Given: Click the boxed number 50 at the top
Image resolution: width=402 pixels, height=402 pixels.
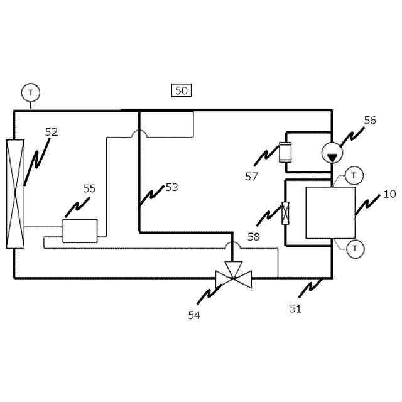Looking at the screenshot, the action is (x=181, y=90).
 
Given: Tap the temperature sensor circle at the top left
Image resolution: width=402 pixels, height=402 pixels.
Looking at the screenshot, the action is (x=30, y=92).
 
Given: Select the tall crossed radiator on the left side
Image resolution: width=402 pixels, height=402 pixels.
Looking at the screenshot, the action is (x=15, y=194).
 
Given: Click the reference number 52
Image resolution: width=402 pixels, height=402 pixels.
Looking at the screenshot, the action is (x=52, y=132).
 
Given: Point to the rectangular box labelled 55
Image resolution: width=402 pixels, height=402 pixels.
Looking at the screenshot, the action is (x=80, y=231).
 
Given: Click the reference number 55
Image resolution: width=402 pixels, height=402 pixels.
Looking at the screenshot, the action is (x=90, y=188).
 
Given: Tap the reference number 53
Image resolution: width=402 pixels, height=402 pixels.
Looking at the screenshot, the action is (x=171, y=187).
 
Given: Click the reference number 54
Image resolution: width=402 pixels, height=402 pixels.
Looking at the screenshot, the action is (x=194, y=315).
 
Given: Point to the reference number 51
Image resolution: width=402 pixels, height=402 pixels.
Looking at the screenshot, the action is (x=295, y=308).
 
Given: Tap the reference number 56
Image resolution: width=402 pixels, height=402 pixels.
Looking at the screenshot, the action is (x=370, y=121).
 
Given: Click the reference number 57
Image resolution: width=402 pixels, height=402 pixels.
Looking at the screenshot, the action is (x=252, y=177).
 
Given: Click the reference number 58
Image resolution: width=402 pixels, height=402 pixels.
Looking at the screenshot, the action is (x=254, y=237).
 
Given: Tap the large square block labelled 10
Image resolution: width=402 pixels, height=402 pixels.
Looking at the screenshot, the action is (x=330, y=212).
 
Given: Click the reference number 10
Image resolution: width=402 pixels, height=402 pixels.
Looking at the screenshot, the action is (x=389, y=194).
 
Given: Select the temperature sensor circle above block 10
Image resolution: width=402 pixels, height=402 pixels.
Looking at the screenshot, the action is (x=355, y=174).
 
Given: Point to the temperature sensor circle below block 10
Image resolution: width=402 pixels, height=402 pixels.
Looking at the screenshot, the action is (x=355, y=249).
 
